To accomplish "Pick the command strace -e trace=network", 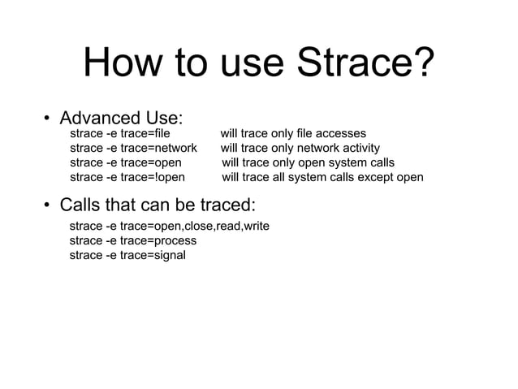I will click(133, 148).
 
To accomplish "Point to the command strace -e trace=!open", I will click(127, 177).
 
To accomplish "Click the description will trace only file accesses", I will click(293, 133).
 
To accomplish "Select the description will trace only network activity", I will click(300, 148).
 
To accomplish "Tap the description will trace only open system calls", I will click(308, 162).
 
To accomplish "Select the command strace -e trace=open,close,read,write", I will click(170, 226).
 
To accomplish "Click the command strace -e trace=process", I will click(133, 240).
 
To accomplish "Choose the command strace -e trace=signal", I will click(127, 255).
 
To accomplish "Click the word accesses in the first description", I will click(341, 133).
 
